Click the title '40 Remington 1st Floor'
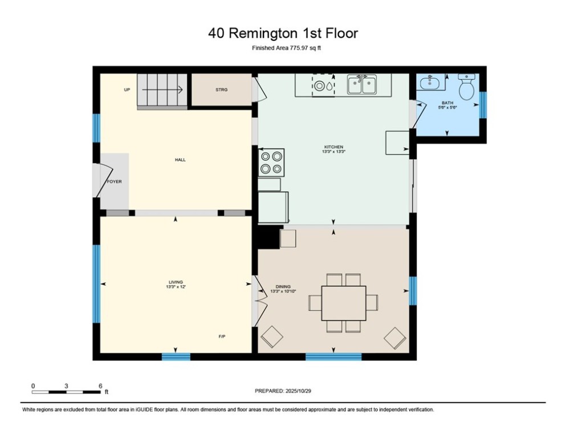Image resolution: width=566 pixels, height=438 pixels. pyautogui.click(x=283, y=33)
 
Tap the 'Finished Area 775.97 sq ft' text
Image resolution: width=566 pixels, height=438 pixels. pyautogui.click(x=283, y=48)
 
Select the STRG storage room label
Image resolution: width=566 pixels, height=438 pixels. pyautogui.click(x=221, y=90)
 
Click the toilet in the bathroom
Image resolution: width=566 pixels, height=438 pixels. pyautogui.click(x=467, y=87)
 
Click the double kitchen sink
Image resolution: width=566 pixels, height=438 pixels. pyautogui.click(x=361, y=85)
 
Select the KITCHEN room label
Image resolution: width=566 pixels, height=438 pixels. pyautogui.click(x=333, y=148)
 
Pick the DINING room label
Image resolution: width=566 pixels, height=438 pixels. pyautogui.click(x=283, y=287)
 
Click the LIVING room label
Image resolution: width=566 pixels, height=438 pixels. pyautogui.click(x=175, y=282)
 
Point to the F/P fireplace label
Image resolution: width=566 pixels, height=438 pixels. pyautogui.click(x=222, y=336)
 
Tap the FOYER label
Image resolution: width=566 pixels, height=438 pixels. pyautogui.click(x=114, y=181)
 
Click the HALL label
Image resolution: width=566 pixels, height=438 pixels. pyautogui.click(x=180, y=160)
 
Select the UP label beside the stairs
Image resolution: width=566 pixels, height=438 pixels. pyautogui.click(x=127, y=90)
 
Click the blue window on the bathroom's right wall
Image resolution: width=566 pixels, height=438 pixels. pyautogui.click(x=483, y=105)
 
